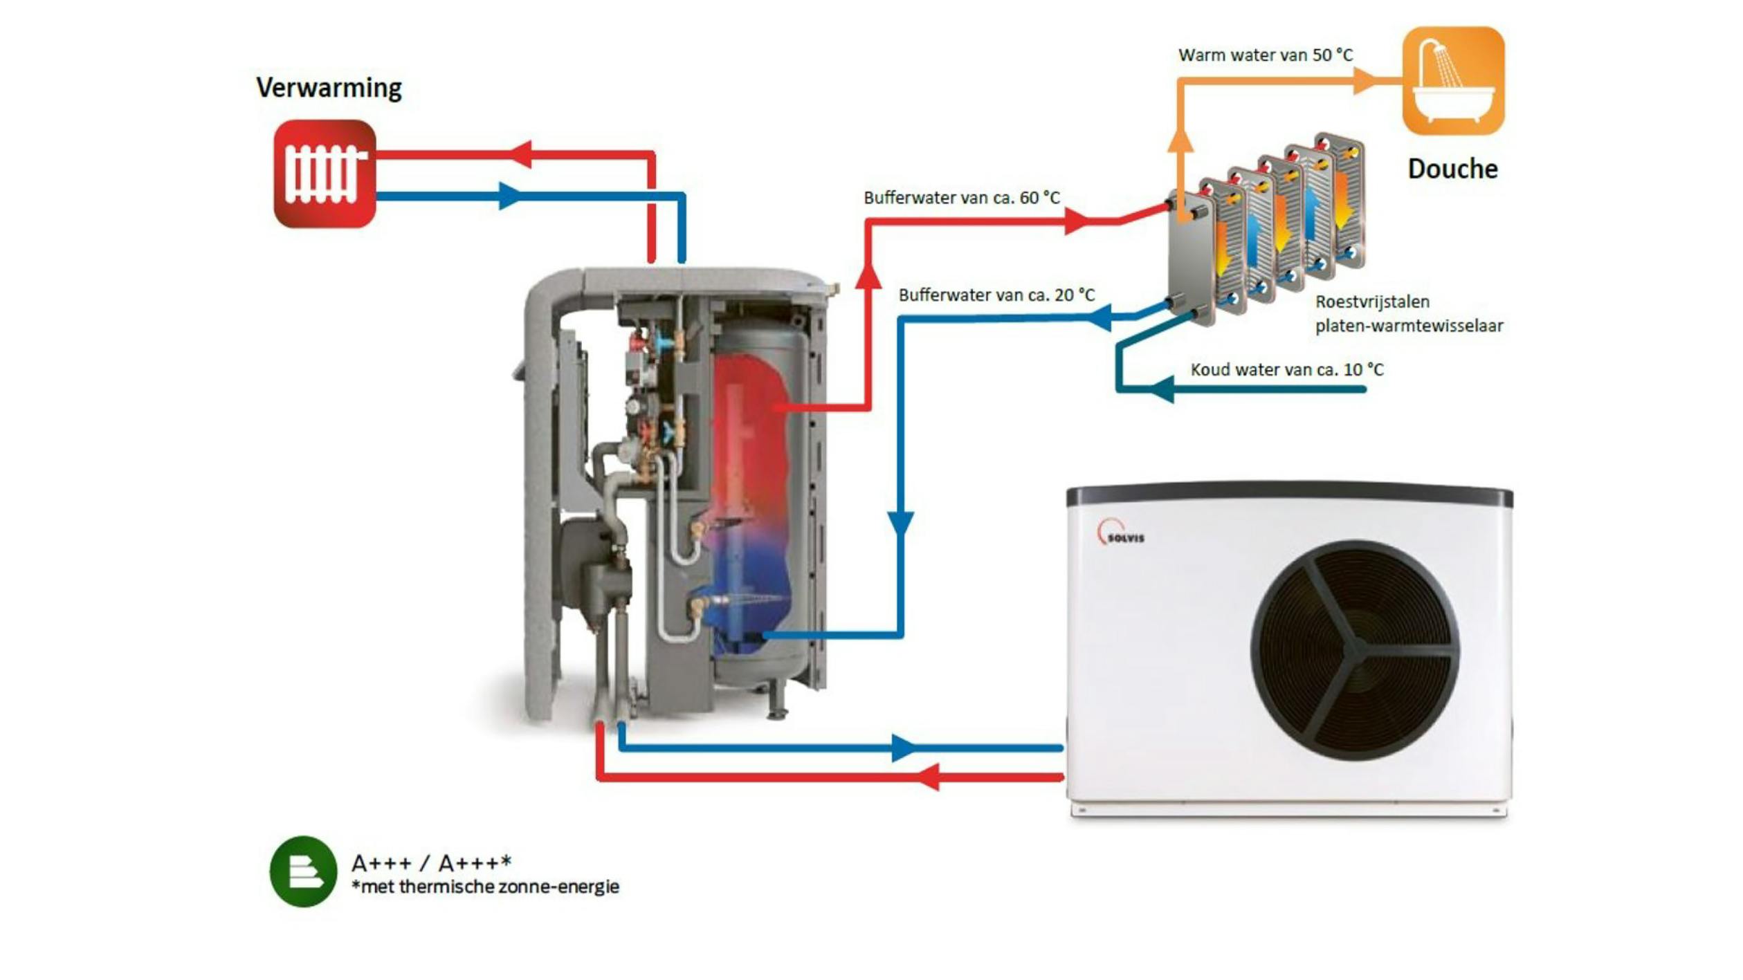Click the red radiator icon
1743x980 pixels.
click(x=325, y=174)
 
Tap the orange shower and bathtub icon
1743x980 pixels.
click(x=1453, y=81)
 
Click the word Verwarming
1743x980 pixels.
click(x=329, y=88)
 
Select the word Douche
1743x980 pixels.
click(x=1452, y=169)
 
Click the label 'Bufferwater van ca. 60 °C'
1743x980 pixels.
click(x=961, y=198)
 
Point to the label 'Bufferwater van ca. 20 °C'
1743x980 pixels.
click(x=996, y=295)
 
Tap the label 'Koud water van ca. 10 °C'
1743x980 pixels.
click(x=1286, y=369)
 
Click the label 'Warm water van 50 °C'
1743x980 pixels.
click(x=1265, y=55)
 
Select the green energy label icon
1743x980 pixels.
click(x=303, y=871)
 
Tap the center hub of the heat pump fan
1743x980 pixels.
click(x=1357, y=649)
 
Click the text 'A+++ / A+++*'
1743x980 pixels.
click(x=431, y=862)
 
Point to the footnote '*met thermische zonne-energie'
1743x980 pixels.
click(x=485, y=887)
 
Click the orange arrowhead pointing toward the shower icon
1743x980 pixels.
click(x=1365, y=81)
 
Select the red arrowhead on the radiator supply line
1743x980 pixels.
click(x=522, y=154)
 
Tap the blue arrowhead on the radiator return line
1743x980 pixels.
click(x=509, y=196)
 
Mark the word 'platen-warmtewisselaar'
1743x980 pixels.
click(x=1409, y=326)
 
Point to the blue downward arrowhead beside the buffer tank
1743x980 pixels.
click(x=900, y=523)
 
